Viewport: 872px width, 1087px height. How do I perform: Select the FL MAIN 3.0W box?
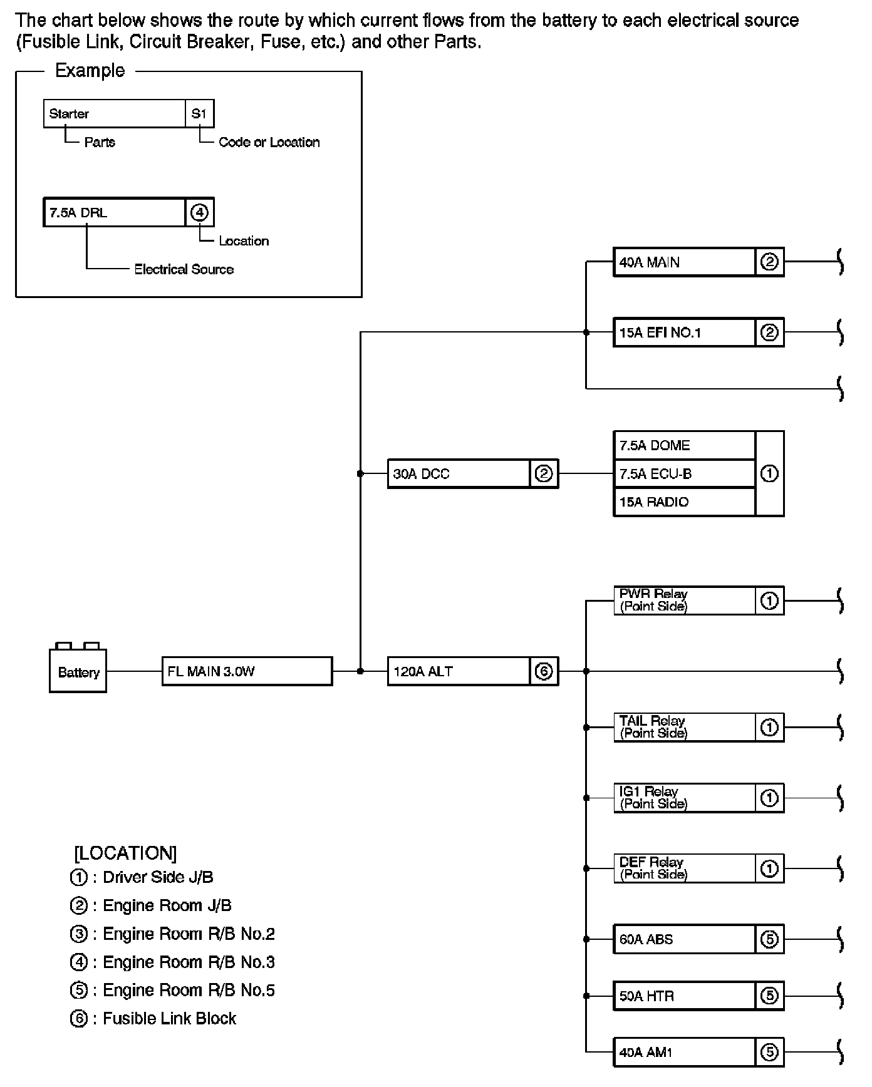247,671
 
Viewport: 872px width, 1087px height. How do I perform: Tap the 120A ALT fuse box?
459,671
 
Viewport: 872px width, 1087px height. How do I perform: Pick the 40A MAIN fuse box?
684,262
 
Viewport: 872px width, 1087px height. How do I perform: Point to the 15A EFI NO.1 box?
684,332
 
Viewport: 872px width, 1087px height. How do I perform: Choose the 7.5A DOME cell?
684,445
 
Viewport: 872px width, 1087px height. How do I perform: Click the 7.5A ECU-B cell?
684,474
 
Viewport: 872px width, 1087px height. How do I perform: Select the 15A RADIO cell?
684,502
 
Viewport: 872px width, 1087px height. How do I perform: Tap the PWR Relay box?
684,600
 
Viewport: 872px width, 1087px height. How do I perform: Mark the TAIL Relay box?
684,728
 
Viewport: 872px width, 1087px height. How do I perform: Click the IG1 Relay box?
684,798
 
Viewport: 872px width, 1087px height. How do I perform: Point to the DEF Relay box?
684,868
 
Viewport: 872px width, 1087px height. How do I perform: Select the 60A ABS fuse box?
684,939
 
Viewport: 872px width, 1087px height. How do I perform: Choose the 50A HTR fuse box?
684,996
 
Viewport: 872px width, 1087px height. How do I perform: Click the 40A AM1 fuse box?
684,1053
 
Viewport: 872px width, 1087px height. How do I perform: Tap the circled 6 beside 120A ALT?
544,671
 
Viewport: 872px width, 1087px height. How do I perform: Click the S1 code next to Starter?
199,114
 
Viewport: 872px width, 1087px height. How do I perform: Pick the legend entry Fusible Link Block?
169,1019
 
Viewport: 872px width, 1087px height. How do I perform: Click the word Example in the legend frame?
90,71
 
